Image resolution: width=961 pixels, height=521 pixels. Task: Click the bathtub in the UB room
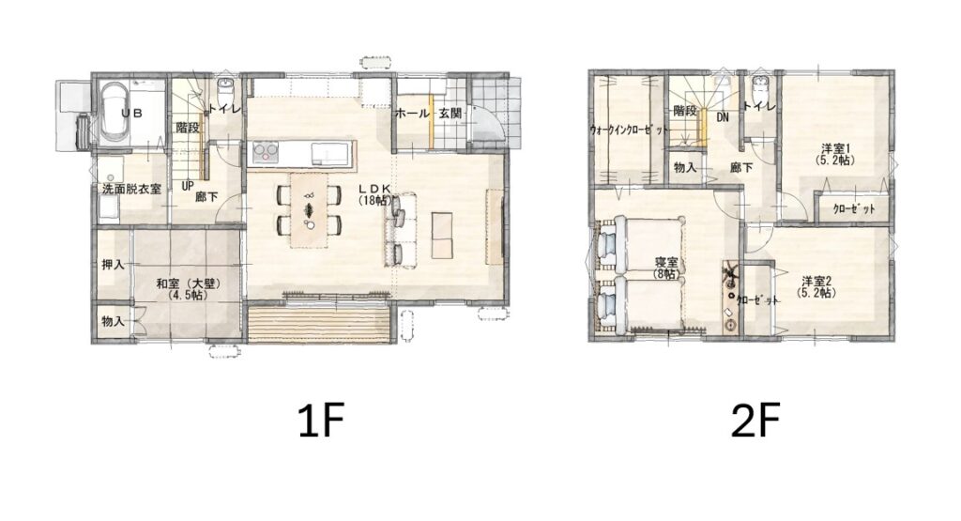tap(114, 113)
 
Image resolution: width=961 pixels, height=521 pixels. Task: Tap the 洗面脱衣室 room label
tap(131, 189)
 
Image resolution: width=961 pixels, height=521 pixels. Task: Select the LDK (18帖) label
tap(375, 193)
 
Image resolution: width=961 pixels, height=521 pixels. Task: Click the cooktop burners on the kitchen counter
tap(266, 151)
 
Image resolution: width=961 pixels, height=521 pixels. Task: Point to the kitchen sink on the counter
tap(326, 151)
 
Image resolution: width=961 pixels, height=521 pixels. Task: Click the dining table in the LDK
tap(310, 209)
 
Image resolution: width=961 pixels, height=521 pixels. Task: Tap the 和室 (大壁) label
tap(188, 289)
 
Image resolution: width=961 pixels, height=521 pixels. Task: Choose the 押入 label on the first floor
tap(113, 265)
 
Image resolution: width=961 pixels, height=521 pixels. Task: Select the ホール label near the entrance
tap(412, 114)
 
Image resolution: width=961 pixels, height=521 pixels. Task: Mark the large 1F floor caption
tap(321, 421)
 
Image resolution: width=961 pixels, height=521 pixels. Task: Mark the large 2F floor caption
tap(755, 421)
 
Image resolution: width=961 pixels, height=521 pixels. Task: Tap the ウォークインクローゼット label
tap(629, 130)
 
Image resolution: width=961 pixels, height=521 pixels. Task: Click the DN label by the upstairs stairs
tap(723, 116)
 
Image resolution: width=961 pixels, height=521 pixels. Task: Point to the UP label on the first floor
tap(188, 185)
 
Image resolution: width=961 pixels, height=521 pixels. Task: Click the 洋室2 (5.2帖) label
tap(816, 287)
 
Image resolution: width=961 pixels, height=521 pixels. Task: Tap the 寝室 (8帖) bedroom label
tap(665, 268)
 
